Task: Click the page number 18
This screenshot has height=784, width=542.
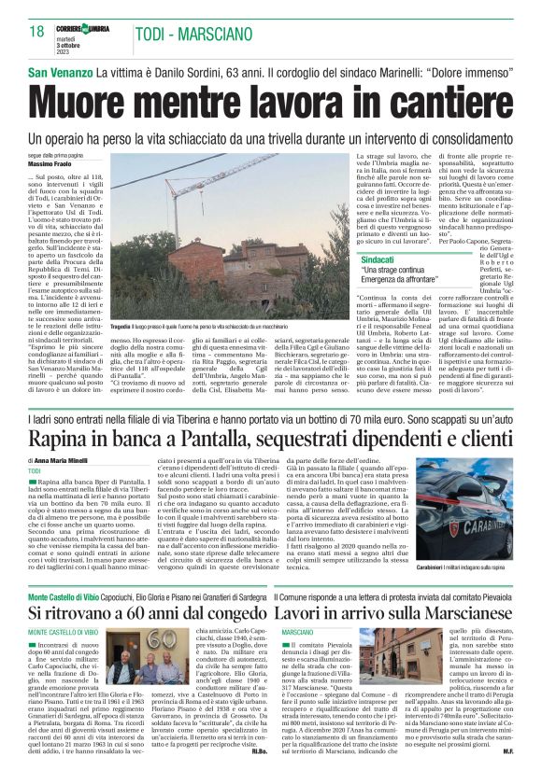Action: point(37,32)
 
